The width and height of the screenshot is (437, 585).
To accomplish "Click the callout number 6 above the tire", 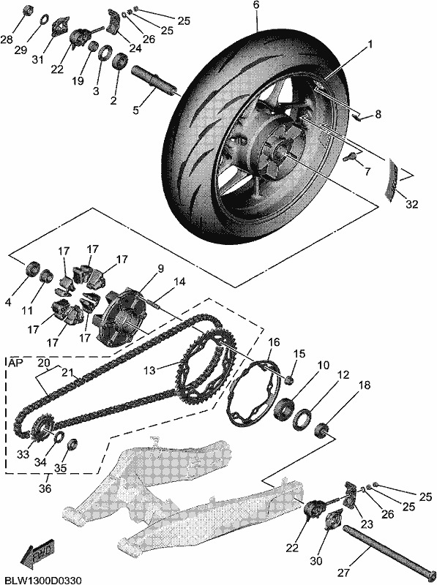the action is [256, 5].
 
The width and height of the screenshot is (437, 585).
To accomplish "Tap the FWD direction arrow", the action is [37, 551].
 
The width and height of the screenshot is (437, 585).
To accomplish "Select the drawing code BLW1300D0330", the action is [41, 580].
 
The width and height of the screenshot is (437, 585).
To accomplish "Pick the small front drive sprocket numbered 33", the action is [40, 430].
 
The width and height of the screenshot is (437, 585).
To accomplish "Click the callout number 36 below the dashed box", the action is [45, 488].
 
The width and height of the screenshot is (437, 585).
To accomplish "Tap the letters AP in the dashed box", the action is [13, 362].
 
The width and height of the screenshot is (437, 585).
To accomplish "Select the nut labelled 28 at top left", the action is [26, 11].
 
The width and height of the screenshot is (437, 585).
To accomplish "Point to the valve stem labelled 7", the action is [350, 156].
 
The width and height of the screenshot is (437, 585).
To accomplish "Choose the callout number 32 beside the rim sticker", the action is [412, 204].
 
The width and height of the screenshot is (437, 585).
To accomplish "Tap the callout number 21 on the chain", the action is [67, 372].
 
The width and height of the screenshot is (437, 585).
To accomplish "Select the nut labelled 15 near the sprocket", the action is [288, 380].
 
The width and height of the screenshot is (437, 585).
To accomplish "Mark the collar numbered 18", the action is [322, 431].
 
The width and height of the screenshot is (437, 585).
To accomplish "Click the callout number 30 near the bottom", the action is [316, 561].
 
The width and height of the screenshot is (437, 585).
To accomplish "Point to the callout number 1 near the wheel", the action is [370, 44].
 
